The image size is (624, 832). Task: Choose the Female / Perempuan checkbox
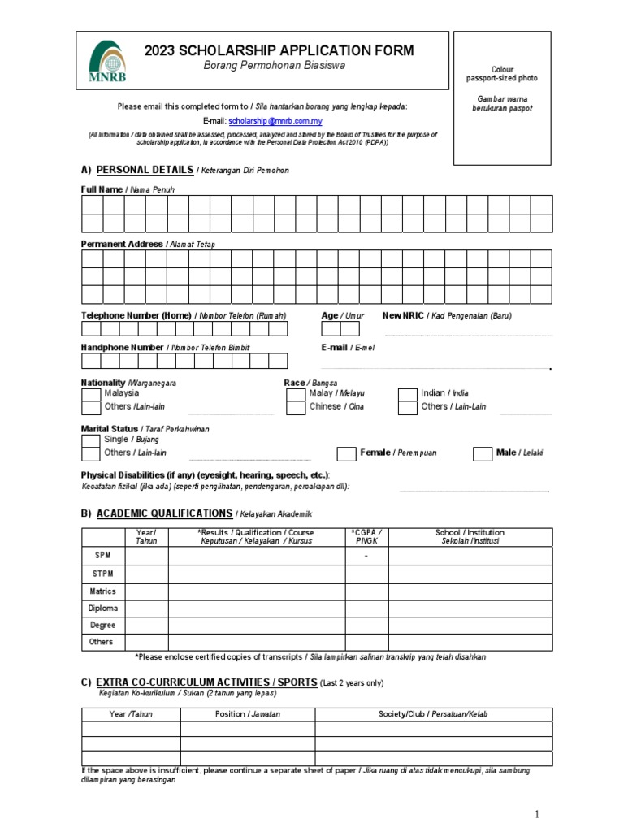click(x=346, y=453)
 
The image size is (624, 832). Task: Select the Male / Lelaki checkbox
click(x=483, y=453)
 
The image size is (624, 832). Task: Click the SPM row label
click(x=102, y=555)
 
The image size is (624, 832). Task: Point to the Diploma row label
click(x=102, y=608)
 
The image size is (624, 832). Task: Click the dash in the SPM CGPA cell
click(x=366, y=556)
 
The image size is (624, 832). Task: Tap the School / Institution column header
click(x=470, y=536)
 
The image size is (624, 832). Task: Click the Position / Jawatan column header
click(x=247, y=714)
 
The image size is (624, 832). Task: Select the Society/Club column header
click(x=433, y=714)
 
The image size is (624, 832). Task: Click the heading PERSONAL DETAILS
click(x=145, y=170)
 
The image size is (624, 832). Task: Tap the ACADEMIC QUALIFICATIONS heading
click(x=164, y=513)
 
